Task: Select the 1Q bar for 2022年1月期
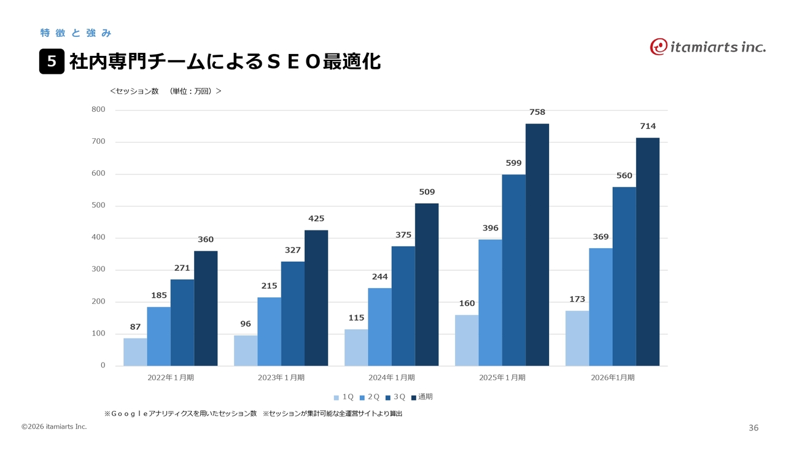(x=135, y=352)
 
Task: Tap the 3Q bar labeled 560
(x=624, y=276)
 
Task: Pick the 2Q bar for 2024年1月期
(x=379, y=327)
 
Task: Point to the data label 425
(x=316, y=219)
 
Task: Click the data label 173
(x=577, y=300)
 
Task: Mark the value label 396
(x=490, y=228)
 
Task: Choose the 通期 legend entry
(x=422, y=397)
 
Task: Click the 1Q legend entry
(x=344, y=397)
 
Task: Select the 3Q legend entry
(x=395, y=397)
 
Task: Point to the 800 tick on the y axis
(x=98, y=110)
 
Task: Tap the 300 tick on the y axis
(x=98, y=270)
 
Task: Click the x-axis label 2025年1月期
(x=502, y=378)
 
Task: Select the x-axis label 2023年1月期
(x=281, y=378)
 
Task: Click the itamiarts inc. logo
(x=707, y=47)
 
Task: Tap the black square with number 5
(x=52, y=61)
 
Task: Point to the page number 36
(x=753, y=428)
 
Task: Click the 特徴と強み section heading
(x=75, y=33)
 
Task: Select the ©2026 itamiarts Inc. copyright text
(x=54, y=426)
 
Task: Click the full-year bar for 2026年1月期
(x=647, y=252)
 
